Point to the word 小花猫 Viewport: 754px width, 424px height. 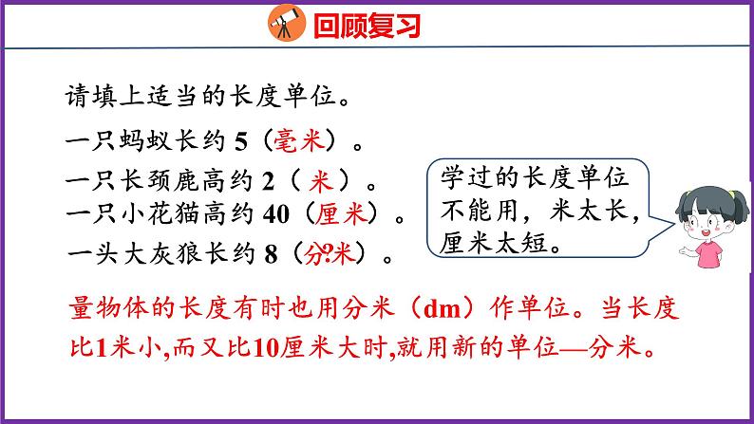tap(160, 215)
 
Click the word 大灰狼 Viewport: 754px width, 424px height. tap(160, 252)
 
